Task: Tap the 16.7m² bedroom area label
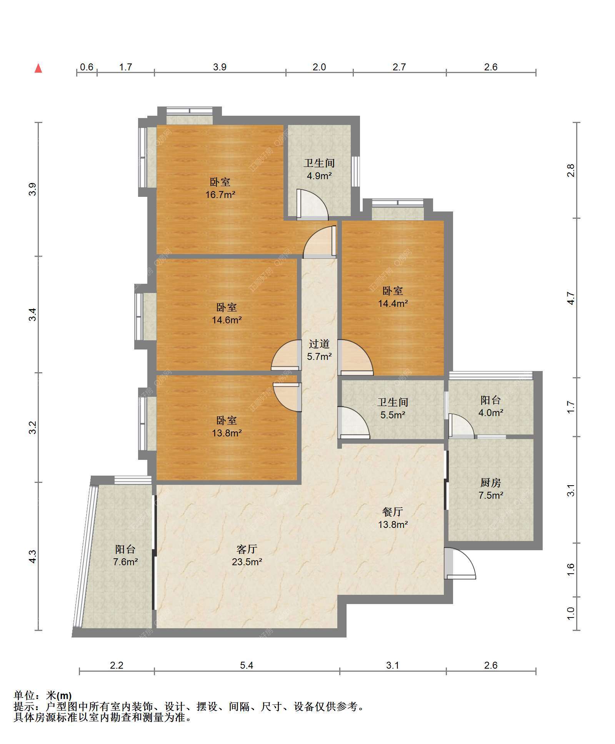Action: (220, 188)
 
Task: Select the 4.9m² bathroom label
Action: (319, 169)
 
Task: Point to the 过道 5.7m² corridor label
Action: (319, 350)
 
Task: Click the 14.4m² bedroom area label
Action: (393, 297)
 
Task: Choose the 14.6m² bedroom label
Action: (227, 313)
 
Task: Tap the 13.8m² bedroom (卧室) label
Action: (227, 426)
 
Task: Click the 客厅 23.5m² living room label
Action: (247, 555)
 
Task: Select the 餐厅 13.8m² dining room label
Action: (393, 518)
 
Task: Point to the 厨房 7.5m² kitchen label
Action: (491, 489)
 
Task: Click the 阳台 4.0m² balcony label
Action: (491, 406)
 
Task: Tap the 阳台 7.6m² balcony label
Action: (125, 555)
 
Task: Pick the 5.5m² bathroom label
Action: (393, 408)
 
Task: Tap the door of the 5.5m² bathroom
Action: (353, 423)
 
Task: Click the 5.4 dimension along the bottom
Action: (247, 665)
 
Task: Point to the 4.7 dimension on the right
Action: (571, 298)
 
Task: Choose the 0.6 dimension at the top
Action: (87, 67)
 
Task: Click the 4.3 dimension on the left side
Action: (33, 556)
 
